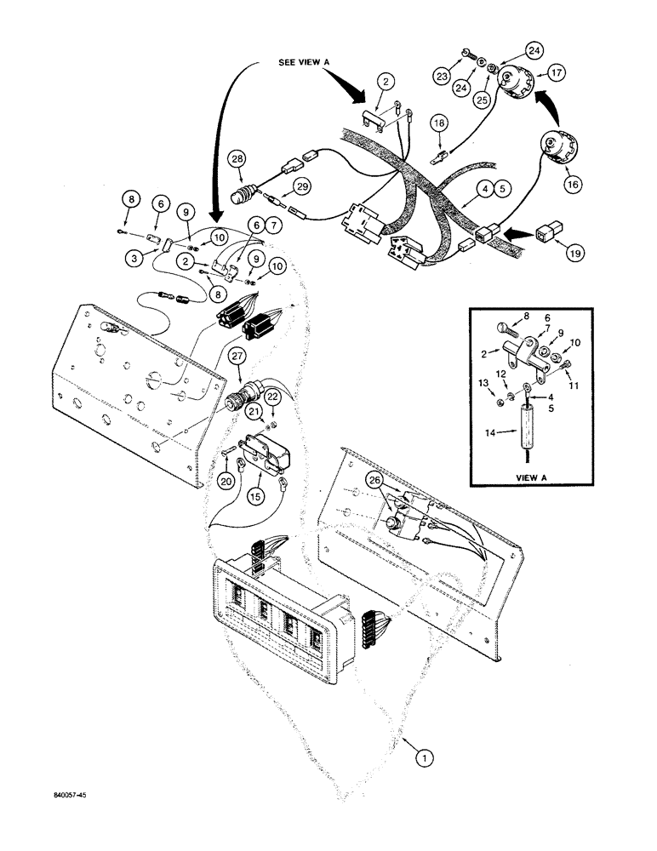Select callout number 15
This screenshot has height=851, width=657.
point(253,494)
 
